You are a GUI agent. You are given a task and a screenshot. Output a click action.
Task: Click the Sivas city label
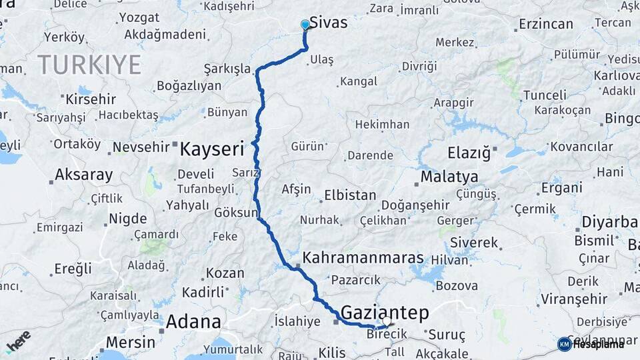click(328, 23)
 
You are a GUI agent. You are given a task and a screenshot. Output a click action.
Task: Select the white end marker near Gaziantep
click(386, 321)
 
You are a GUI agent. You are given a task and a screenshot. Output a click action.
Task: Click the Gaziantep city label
click(385, 312)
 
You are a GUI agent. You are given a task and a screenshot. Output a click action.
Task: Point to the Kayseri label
click(212, 149)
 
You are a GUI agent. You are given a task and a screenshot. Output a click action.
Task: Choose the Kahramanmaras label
click(363, 258)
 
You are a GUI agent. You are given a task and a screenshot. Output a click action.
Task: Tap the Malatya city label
click(449, 177)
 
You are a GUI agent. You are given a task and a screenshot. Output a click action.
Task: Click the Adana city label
click(193, 322)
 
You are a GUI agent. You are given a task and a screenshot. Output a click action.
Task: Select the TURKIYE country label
click(89, 65)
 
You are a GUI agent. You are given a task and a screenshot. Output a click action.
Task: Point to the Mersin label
click(131, 343)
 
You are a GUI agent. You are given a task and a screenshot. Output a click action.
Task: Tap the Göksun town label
click(235, 213)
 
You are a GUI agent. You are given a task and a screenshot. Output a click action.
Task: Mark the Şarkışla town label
click(227, 69)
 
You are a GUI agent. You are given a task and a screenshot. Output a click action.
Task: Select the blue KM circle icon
click(564, 344)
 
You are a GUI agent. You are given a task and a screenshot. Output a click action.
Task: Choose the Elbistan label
click(350, 196)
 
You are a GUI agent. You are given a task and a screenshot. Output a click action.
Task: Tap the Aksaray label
click(83, 175)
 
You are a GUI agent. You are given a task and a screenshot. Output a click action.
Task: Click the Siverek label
click(473, 243)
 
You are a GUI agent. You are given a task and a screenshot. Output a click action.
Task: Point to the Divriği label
click(419, 66)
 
